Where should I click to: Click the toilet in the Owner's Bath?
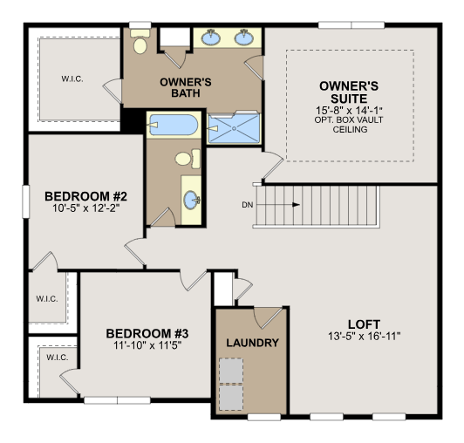click(140, 42)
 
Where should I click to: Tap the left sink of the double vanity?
click(211, 37)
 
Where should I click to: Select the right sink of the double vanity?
click(244, 37)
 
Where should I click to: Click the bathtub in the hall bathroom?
click(173, 125)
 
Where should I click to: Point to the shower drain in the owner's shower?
click(234, 128)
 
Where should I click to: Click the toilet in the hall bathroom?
click(188, 159)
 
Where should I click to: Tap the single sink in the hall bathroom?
click(192, 200)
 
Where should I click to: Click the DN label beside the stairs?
click(248, 205)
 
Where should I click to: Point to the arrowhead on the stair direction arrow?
click(296, 204)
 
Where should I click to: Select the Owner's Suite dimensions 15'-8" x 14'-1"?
click(349, 111)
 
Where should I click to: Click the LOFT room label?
click(364, 324)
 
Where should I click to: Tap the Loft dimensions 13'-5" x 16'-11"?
click(365, 336)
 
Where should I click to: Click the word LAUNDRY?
click(252, 343)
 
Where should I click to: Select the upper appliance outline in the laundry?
click(231, 371)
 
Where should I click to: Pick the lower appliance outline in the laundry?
click(231, 397)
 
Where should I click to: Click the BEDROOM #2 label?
click(85, 196)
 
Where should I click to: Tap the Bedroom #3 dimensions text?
click(147, 345)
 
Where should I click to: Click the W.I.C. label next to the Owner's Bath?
click(72, 79)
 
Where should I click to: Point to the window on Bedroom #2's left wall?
click(26, 201)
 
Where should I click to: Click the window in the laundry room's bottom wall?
click(264, 417)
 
